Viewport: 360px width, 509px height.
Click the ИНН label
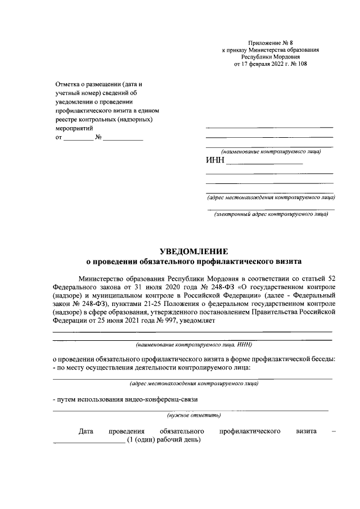tap(215, 161)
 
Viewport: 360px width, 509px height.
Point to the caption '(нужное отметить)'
tap(193, 416)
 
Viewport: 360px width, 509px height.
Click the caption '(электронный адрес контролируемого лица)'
tap(271, 214)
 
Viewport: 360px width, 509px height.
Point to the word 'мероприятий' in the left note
tap(74, 128)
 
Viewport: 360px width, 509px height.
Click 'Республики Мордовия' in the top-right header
tap(271, 57)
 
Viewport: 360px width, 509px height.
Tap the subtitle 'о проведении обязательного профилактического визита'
tap(193, 261)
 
